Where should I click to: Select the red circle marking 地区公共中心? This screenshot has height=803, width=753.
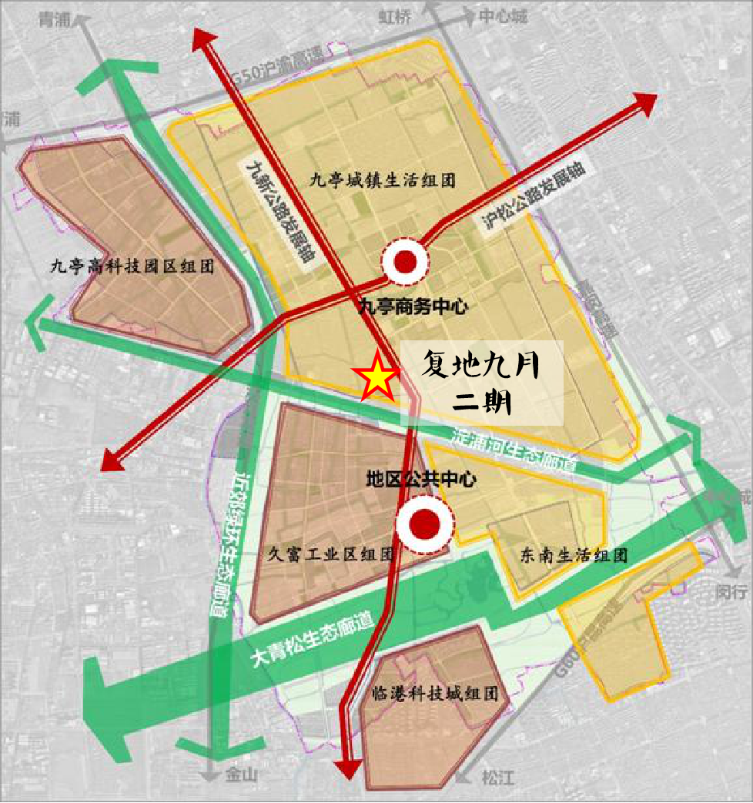point(423,525)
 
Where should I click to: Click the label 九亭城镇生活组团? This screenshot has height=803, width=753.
point(383,181)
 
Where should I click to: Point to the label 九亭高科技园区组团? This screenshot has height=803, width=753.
point(132,267)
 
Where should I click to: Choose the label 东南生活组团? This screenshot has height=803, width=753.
point(574,555)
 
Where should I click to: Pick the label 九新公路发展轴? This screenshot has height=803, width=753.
point(279,212)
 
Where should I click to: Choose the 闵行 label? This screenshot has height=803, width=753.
point(731,592)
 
